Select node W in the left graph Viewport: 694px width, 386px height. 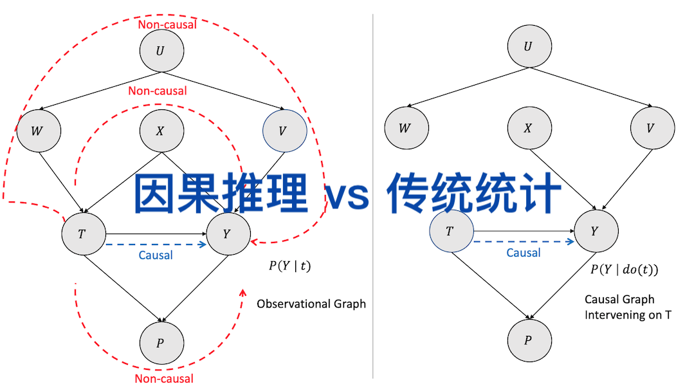39,131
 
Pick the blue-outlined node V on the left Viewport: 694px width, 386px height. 284,131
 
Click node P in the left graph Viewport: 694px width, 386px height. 161,342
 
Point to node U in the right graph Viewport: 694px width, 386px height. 529,46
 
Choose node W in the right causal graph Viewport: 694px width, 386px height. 406,127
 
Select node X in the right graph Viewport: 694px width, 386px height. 529,127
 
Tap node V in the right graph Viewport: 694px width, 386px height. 652,127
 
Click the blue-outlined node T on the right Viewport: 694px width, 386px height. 451,231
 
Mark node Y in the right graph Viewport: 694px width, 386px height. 596,231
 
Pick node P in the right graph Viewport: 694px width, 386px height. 529,340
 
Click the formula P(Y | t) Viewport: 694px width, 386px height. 289,265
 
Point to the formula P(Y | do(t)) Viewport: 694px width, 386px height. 625,270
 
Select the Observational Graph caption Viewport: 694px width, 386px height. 311,304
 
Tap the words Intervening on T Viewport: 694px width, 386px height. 628,315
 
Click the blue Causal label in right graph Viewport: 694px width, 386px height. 524,253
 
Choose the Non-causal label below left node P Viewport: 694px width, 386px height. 164,379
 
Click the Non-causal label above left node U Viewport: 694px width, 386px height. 167,25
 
